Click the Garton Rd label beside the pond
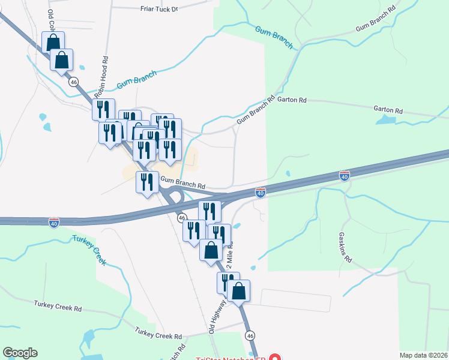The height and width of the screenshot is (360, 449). (387, 110)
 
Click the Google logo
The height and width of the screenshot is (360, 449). (20, 353)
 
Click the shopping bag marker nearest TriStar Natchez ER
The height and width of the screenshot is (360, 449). (238, 292)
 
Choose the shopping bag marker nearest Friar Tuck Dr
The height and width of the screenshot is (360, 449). (53, 43)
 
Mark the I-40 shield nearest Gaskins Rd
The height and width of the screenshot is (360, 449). (344, 176)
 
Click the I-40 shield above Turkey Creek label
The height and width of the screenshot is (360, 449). (53, 223)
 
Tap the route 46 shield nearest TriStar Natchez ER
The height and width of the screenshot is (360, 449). (250, 335)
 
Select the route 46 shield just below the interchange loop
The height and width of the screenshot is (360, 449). (182, 218)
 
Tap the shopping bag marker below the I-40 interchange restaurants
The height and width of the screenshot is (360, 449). (211, 250)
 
